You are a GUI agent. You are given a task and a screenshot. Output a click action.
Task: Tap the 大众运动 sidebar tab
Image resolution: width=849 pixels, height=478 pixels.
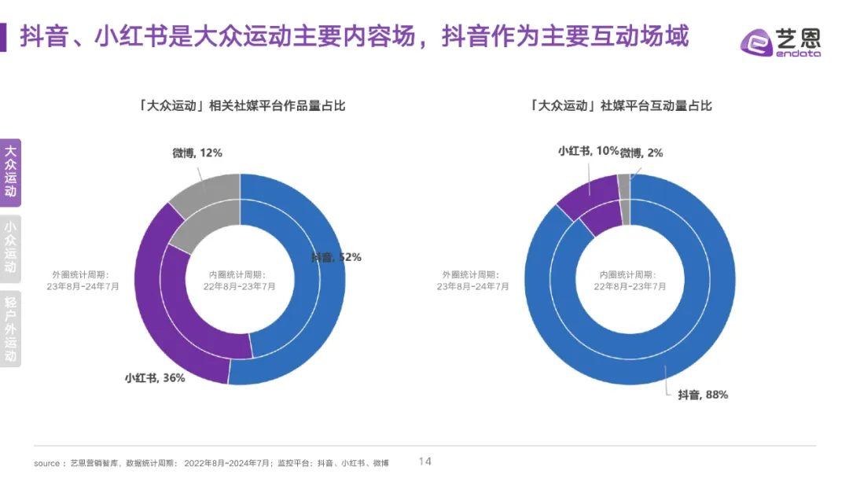pyautogui.click(x=10, y=172)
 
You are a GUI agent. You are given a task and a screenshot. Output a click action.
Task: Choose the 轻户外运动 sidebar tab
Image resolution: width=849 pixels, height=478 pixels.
pyautogui.click(x=10, y=328)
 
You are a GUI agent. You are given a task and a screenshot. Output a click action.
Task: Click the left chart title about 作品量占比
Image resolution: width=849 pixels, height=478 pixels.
pyautogui.click(x=240, y=105)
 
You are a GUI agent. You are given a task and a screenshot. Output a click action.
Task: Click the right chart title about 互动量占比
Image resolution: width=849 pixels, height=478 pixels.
pyautogui.click(x=621, y=105)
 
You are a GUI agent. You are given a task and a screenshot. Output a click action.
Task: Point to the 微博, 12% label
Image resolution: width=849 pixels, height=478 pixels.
pyautogui.click(x=197, y=153)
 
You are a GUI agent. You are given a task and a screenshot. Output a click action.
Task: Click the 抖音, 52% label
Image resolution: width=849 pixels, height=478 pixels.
pyautogui.click(x=336, y=257)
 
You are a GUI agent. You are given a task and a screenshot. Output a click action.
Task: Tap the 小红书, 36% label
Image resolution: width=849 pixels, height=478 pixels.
pyautogui.click(x=155, y=378)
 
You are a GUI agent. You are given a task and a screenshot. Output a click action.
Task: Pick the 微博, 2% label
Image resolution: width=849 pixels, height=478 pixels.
pyautogui.click(x=641, y=153)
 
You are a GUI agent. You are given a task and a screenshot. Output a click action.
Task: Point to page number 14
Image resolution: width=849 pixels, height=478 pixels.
pyautogui.click(x=424, y=461)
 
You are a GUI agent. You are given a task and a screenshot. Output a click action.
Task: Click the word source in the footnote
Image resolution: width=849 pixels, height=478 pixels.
pyautogui.click(x=46, y=463)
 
